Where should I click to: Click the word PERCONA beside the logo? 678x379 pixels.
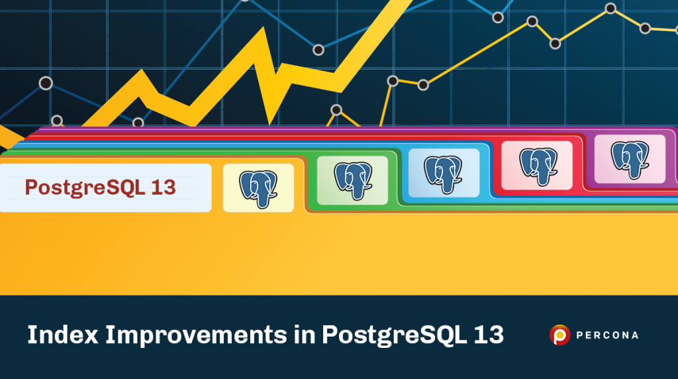608,335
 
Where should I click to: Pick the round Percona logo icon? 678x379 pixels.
559,335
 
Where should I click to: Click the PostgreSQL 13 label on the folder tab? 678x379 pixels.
101,188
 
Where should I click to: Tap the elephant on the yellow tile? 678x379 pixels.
258,188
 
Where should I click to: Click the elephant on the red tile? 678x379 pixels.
537,165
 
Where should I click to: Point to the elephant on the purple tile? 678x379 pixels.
630,158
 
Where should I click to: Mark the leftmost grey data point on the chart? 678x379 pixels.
46,83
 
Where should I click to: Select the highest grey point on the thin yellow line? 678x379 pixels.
610,9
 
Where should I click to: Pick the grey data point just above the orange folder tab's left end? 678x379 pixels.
57,121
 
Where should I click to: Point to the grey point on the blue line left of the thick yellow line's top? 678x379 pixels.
318,50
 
